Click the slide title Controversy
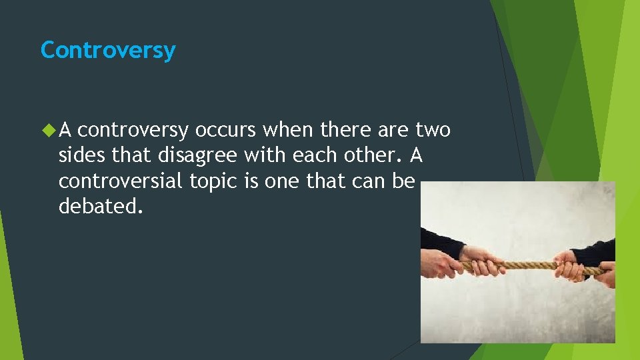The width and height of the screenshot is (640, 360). click(108, 51)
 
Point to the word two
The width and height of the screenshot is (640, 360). click(433, 130)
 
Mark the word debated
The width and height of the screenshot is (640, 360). click(101, 206)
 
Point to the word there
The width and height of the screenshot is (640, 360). click(345, 130)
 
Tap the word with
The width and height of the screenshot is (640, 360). click(261, 155)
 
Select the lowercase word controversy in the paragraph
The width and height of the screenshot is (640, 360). click(137, 131)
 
